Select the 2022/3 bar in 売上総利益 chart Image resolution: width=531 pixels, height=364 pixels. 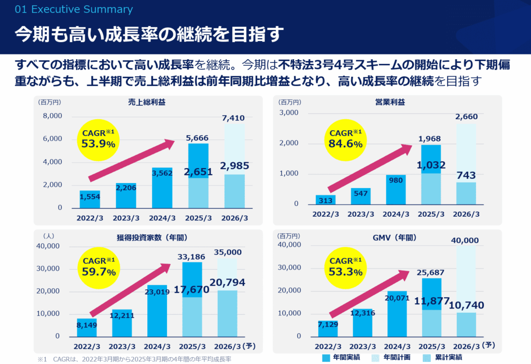(90, 199)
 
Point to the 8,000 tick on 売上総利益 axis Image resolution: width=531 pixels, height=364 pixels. (52, 116)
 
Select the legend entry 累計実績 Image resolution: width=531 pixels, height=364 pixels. (444, 357)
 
